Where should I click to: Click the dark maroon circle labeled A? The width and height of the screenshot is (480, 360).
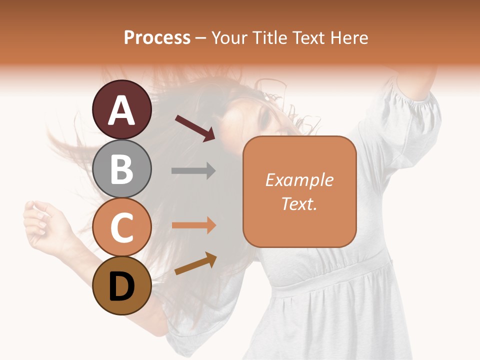coord(122,109)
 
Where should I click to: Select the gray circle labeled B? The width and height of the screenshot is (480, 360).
coord(122,168)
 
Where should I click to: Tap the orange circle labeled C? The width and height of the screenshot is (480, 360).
coord(122,227)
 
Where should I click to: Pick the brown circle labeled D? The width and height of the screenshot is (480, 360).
coord(122,285)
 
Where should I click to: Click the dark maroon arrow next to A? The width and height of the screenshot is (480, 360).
coord(195,128)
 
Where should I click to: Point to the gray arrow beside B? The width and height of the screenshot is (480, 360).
coord(193,171)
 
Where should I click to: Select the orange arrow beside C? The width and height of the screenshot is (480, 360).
coord(193,225)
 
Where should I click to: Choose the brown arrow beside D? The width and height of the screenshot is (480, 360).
coord(195,263)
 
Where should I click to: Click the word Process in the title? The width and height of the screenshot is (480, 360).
coord(157,37)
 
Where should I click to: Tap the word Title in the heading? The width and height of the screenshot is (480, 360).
coord(270,37)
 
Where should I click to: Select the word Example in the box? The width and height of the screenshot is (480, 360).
coord(299,180)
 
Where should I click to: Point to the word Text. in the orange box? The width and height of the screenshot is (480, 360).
coord(299,203)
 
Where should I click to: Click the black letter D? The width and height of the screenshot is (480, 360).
coord(122,286)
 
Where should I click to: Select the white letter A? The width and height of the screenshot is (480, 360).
coord(122,110)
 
